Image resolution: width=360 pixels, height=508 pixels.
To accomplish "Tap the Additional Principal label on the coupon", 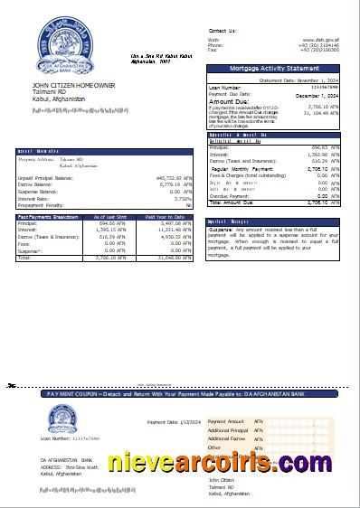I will click(x=228, y=430).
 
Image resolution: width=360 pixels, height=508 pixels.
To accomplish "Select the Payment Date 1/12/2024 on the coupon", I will click(x=172, y=422).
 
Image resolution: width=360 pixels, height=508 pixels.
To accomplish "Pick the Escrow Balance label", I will click(x=37, y=185).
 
